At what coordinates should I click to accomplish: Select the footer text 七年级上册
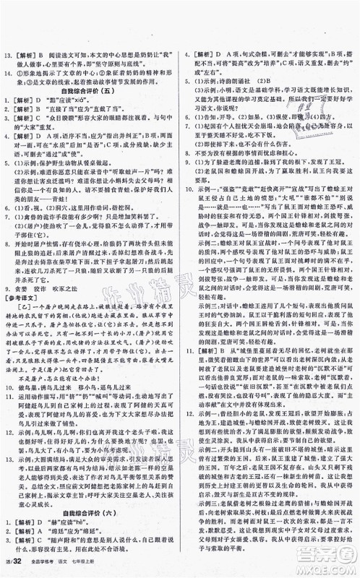tap(103, 566)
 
